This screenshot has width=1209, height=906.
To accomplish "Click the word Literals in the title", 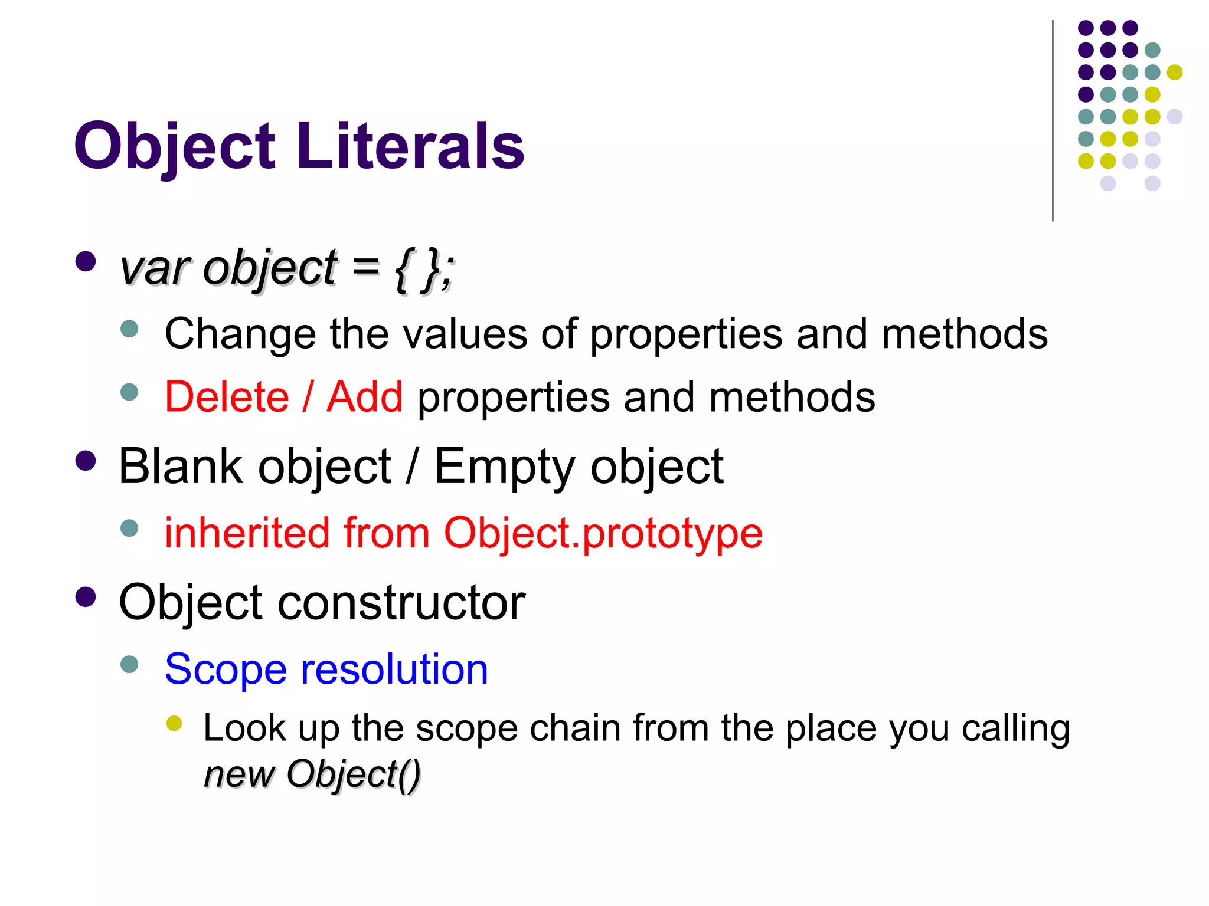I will point(410,146).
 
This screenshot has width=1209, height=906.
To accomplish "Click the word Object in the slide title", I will point(175,146).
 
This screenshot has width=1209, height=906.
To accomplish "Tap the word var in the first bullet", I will point(154,268).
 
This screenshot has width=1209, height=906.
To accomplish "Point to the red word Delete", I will point(227,396).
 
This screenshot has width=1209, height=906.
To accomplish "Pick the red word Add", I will point(365,396).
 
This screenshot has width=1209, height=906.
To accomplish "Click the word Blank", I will point(181,466).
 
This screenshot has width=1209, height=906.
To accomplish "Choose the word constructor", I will point(401,602).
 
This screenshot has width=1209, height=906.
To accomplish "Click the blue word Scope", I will point(226,670).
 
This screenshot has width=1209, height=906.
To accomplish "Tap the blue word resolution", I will point(394,669).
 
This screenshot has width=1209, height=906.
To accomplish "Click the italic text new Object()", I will point(312,774).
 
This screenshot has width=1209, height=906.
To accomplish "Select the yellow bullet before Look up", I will point(174,723).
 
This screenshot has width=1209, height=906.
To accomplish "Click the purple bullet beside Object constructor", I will point(86,597).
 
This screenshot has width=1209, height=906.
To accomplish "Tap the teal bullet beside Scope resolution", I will point(129,665).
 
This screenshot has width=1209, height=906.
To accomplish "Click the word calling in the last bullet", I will point(1015,729).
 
